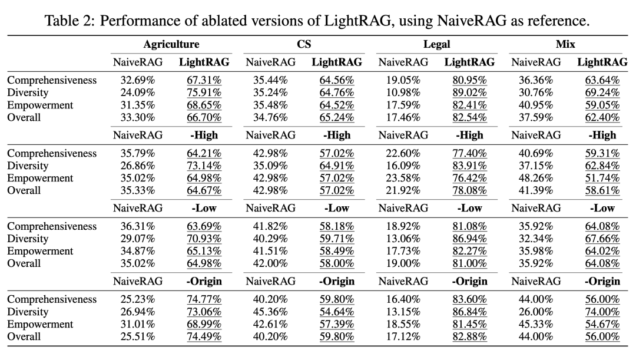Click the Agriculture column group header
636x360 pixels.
[x=171, y=44]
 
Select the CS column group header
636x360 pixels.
[x=304, y=44]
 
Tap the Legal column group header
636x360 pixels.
[x=436, y=44]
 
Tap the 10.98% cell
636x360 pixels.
[x=403, y=93]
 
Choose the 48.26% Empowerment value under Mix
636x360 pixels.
[x=535, y=178]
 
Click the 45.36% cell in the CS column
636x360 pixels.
[x=270, y=312]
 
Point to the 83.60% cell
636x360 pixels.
[x=469, y=299]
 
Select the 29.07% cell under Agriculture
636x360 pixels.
[x=137, y=239]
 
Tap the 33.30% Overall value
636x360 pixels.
[x=137, y=117]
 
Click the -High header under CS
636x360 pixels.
[x=337, y=135]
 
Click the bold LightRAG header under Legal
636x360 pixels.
[x=469, y=62]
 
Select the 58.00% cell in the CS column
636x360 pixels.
[x=337, y=263]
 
